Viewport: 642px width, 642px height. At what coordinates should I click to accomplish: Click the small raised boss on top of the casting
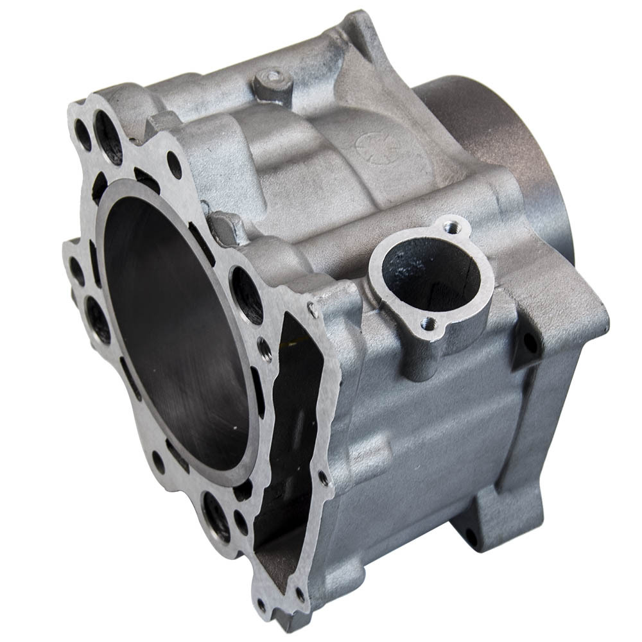tap(273, 82)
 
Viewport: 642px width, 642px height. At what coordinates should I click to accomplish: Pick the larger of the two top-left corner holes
tap(108, 136)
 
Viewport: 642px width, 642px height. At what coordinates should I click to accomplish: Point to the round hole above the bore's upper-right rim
tap(174, 164)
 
